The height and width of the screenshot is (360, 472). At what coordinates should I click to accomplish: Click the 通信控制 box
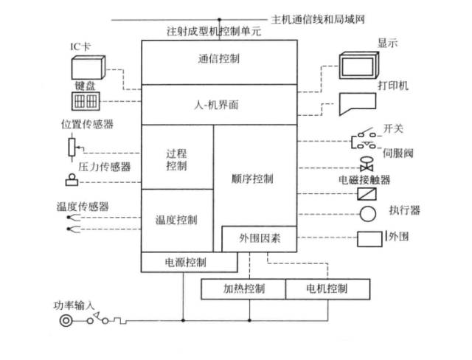[218, 59]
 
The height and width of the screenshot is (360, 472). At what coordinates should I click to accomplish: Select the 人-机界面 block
[218, 105]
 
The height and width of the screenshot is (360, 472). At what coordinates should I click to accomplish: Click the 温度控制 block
[177, 220]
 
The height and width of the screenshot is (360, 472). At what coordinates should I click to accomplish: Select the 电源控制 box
[189, 262]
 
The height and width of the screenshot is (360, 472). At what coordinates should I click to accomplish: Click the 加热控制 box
[243, 288]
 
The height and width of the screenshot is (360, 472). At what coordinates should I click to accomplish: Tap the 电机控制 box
[326, 288]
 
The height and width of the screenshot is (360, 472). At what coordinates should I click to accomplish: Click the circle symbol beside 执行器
[367, 215]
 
